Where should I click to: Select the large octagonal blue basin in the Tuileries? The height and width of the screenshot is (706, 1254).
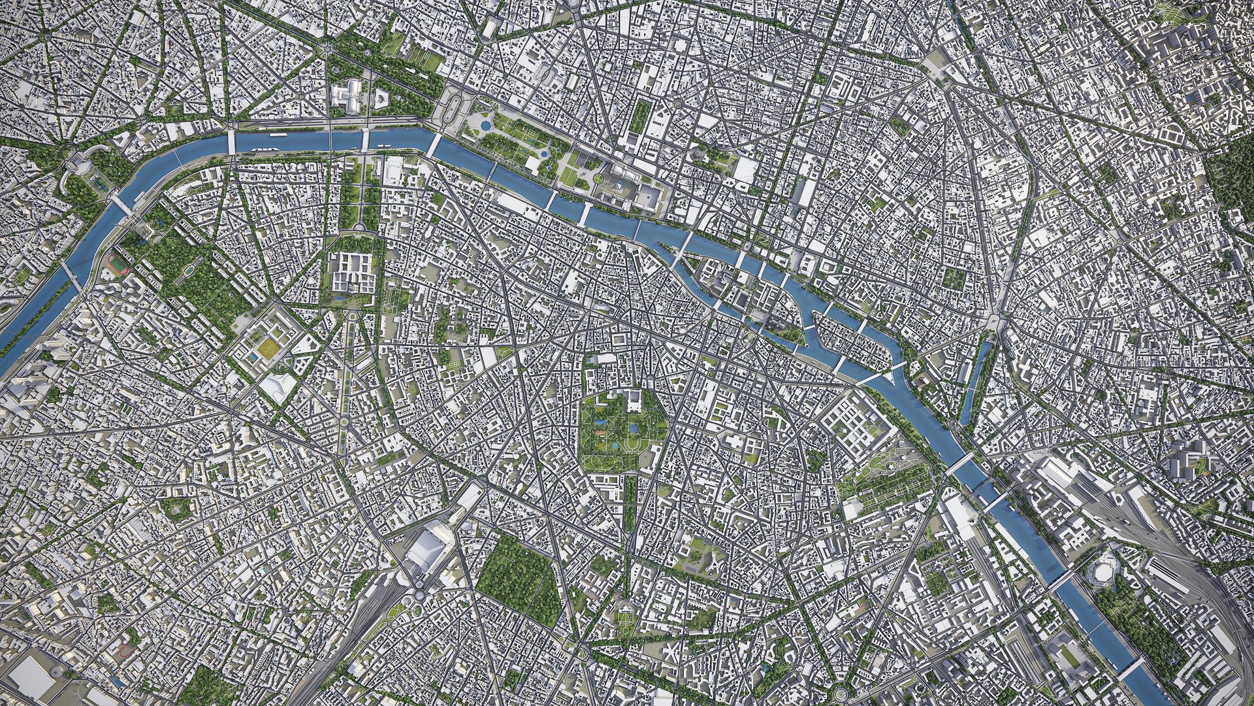point(485,124)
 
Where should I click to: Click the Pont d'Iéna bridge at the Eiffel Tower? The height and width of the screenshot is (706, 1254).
point(121,205)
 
